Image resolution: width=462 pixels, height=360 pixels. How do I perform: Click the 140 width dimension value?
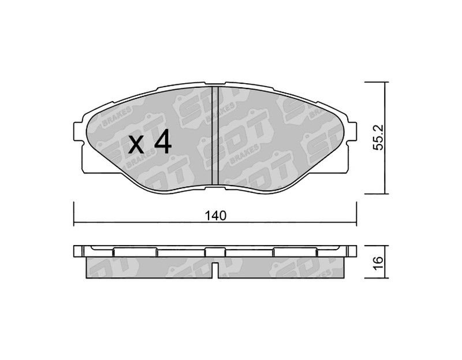click(x=216, y=216)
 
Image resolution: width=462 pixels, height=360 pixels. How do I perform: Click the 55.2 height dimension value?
click(x=378, y=138)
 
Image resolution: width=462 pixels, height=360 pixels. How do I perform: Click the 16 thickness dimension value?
click(x=378, y=261)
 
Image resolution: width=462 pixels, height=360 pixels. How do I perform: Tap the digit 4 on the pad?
click(x=163, y=142)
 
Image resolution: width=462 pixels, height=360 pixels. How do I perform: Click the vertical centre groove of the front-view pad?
click(x=215, y=136)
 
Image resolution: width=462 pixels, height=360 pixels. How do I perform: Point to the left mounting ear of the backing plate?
click(x=77, y=131)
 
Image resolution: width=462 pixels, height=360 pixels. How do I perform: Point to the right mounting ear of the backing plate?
click(x=352, y=131)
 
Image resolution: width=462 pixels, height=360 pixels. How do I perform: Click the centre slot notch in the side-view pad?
click(x=215, y=270)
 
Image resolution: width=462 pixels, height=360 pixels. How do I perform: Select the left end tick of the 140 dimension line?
click(x=73, y=214)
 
